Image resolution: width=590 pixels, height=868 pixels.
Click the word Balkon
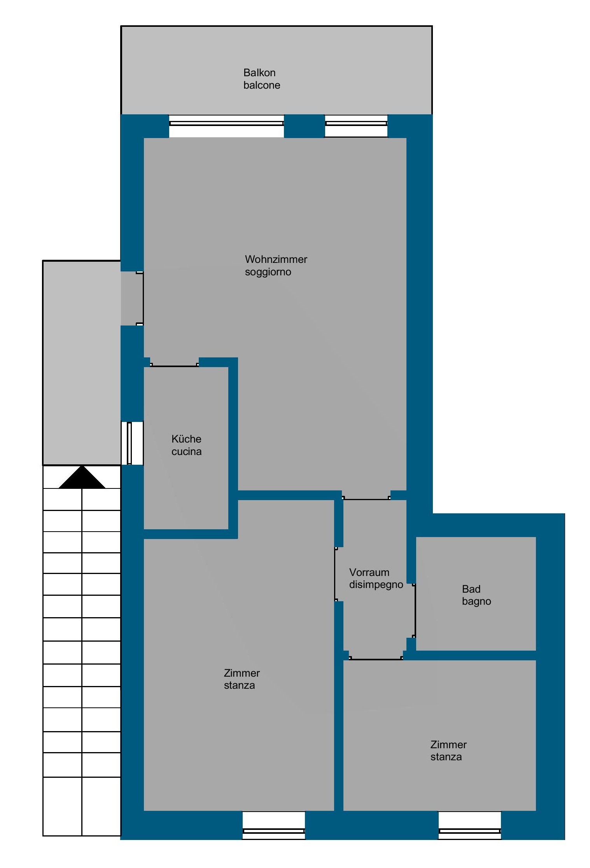point(259,73)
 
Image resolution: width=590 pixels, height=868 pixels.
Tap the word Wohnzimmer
point(276,259)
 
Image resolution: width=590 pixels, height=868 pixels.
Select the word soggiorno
point(268,272)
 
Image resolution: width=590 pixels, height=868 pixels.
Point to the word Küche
point(186,439)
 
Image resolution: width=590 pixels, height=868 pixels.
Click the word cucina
point(186,451)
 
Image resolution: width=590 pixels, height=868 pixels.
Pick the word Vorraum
point(369,572)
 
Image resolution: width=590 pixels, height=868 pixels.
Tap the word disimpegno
point(376,585)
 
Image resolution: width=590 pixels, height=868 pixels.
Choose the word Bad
point(471,589)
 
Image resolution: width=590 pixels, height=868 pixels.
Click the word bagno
point(476,602)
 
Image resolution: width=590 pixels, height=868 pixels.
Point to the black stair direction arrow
point(82,477)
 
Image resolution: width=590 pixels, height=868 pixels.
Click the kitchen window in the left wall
point(132,443)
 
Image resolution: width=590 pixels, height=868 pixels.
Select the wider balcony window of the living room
point(226,126)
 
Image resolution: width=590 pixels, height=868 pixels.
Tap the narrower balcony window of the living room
point(356,126)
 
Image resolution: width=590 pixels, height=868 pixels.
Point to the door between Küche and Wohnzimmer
point(174,365)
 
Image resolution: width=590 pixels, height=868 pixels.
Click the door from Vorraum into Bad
point(415,611)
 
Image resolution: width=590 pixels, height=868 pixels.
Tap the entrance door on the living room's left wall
point(140,299)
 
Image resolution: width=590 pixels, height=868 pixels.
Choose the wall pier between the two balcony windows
point(305,126)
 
